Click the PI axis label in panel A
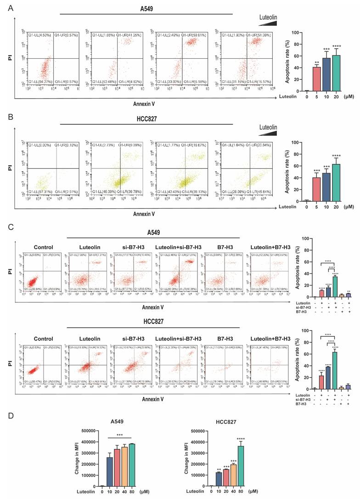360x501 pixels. pos(11,58)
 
